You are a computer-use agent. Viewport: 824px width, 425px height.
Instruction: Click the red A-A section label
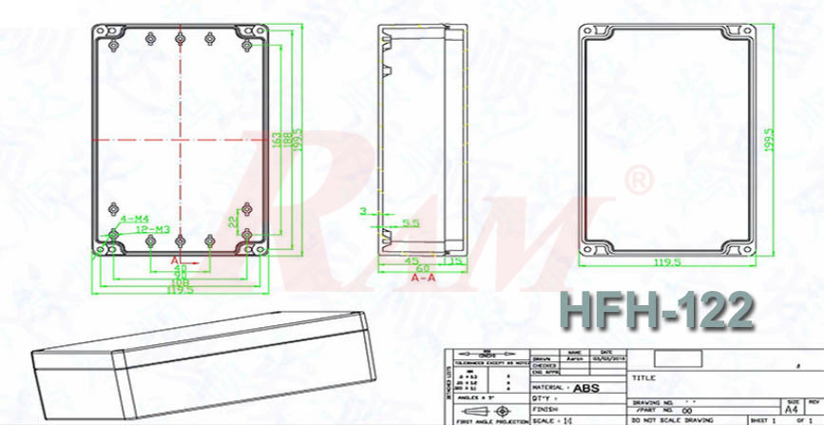pyautogui.click(x=424, y=280)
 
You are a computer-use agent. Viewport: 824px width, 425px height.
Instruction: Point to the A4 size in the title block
pyautogui.click(x=791, y=408)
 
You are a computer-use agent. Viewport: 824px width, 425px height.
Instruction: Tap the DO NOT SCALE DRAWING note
pyautogui.click(x=678, y=418)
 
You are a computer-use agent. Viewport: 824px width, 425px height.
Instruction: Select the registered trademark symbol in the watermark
pyautogui.click(x=641, y=178)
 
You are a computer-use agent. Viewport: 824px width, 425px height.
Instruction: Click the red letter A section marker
pyautogui.click(x=175, y=259)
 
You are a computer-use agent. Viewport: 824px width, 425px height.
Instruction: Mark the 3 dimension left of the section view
pyautogui.click(x=362, y=210)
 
